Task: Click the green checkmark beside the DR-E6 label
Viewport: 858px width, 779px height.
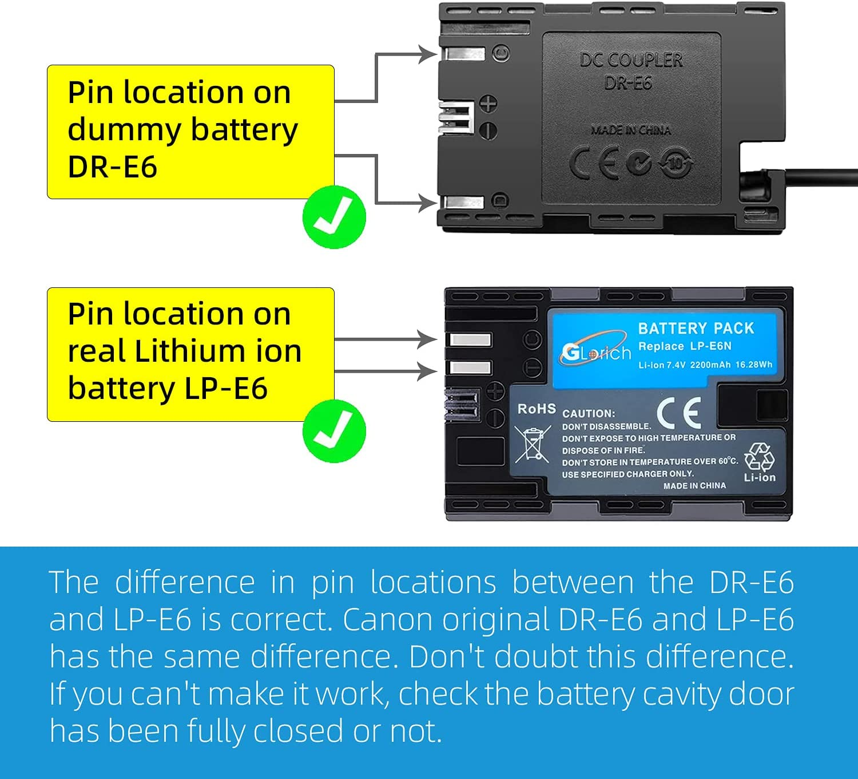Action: point(334,217)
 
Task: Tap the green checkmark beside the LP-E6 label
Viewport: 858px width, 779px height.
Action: point(334,431)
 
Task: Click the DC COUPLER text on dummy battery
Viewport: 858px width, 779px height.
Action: point(631,60)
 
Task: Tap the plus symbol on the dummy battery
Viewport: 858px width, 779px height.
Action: point(488,104)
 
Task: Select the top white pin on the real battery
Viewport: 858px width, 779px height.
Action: point(470,340)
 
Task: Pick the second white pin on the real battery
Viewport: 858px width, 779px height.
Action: point(470,367)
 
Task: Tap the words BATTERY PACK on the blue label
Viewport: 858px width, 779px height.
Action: point(696,328)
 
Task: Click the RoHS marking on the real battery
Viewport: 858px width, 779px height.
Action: point(536,409)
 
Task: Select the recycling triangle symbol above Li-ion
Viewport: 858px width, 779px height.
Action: point(760,457)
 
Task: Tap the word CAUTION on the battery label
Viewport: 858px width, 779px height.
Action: point(589,413)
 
